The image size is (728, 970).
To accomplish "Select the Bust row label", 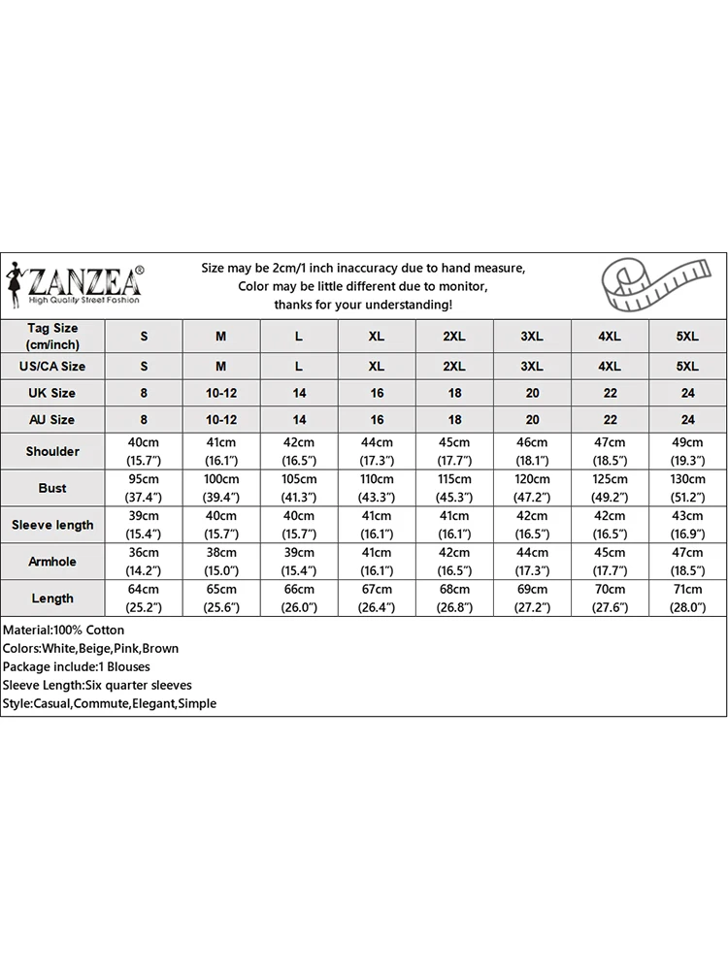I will click(x=52, y=488).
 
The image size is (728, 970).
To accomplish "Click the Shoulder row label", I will click(x=52, y=451).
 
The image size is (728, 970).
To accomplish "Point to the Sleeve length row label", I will click(x=52, y=525).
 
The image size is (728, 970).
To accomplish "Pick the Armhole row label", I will click(x=52, y=562).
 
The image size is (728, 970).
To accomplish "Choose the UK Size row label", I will click(x=52, y=393).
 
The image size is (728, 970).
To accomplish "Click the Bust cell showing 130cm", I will click(x=687, y=488).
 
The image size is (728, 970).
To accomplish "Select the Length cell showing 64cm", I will click(x=145, y=598).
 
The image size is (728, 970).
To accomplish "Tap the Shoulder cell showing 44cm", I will click(x=377, y=451).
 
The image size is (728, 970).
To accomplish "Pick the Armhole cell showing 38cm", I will click(x=221, y=562).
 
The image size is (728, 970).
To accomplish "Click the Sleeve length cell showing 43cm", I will click(x=687, y=525).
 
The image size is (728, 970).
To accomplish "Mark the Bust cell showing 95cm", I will click(x=145, y=488).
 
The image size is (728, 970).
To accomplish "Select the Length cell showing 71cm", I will click(x=687, y=598).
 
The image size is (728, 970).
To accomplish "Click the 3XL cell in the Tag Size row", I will click(x=532, y=336).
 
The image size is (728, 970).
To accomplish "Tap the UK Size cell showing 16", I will click(x=377, y=393).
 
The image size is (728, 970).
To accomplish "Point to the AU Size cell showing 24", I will click(x=687, y=420).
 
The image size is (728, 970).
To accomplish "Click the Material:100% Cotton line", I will click(x=63, y=630).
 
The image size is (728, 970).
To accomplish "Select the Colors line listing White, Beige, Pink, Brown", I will click(x=90, y=649).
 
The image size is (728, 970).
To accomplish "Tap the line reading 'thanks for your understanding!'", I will click(x=363, y=305).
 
